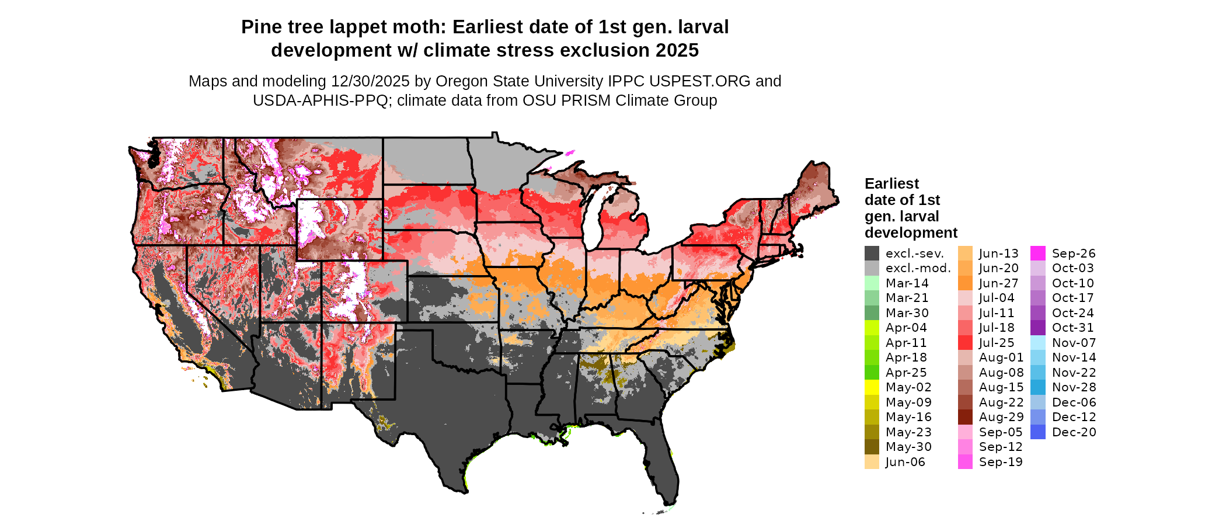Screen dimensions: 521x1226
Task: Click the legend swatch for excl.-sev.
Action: pos(872,253)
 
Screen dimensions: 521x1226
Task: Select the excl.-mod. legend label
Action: pos(918,268)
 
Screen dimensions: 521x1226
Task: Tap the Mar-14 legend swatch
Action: pos(872,283)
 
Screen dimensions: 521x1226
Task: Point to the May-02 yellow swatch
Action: pos(872,387)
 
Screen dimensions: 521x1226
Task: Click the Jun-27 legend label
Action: pos(998,283)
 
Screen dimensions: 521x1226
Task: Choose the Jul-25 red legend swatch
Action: pos(965,343)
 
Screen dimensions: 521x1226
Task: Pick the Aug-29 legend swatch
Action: pos(965,417)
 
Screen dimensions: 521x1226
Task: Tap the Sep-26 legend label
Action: pos(1074,253)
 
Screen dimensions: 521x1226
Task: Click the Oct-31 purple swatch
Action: pos(1038,328)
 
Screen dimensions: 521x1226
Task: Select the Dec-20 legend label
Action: pos(1074,432)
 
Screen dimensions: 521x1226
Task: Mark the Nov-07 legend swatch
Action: pos(1038,343)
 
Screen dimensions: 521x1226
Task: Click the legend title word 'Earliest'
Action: pos(891,184)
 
